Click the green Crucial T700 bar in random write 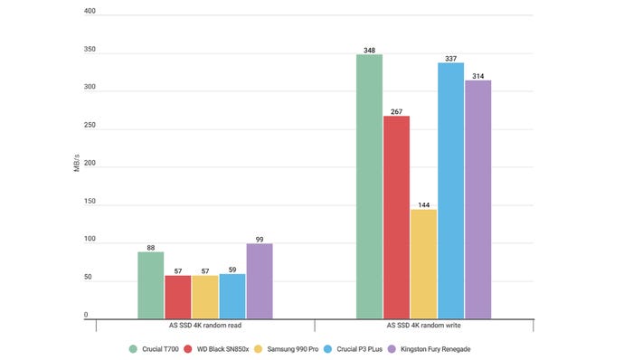(369, 185)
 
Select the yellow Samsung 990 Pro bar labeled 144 (423, 263)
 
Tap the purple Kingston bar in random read (259, 280)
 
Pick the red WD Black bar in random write (396, 216)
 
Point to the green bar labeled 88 (151, 284)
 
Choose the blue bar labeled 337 (450, 190)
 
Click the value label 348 (369, 48)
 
